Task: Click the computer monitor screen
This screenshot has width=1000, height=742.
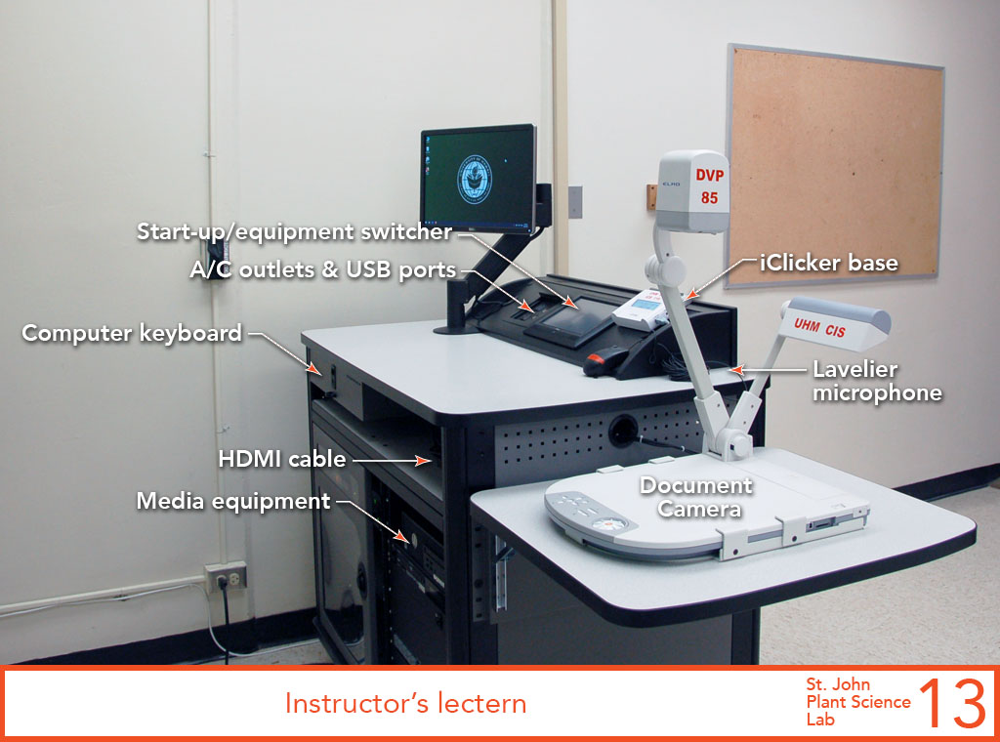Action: pos(478,179)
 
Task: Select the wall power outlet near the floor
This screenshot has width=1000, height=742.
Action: pos(226,577)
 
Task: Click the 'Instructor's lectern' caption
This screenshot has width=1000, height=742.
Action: pos(405,703)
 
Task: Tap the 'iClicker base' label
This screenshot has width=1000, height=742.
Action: pos(828,263)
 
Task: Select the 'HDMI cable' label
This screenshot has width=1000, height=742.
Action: pos(282,459)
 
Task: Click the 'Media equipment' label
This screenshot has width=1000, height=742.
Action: pos(233,501)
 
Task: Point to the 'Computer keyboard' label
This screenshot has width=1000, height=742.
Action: pos(132,333)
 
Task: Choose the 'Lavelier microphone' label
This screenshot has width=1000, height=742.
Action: pos(877,381)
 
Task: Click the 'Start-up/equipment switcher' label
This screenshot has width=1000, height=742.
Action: pos(295,231)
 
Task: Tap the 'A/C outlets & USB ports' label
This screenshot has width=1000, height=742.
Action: pos(323,269)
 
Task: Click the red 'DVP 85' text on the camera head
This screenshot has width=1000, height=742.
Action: pos(710,186)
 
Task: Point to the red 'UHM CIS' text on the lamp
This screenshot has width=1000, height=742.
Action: pos(819,328)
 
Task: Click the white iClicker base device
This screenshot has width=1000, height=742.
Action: pos(641,309)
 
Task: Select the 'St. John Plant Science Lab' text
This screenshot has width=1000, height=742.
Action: pos(858,702)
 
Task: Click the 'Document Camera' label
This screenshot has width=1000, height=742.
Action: pos(696,497)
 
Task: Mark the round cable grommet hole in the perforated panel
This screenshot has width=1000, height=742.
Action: pos(623,431)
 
